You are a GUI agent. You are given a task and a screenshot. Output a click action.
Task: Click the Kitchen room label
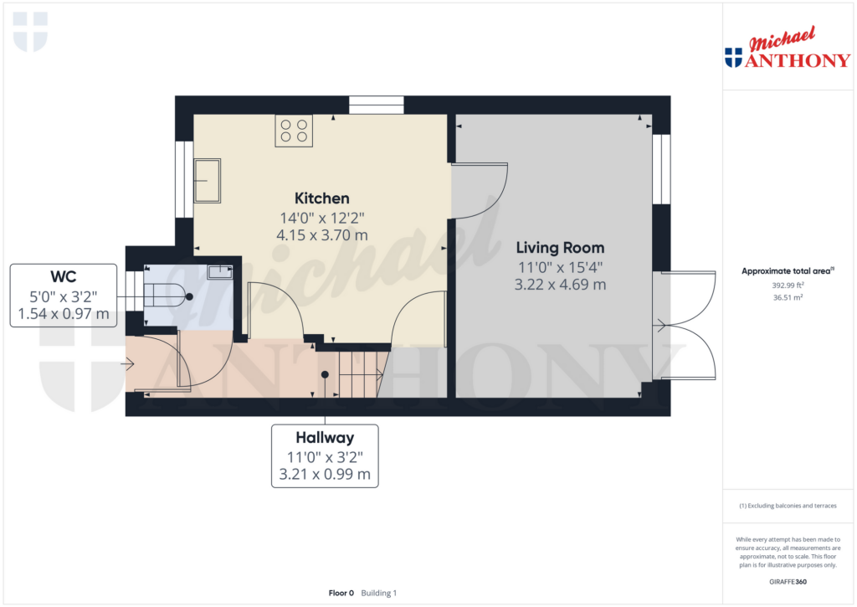coord(321,198)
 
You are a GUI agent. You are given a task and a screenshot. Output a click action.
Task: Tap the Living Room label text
coord(560,248)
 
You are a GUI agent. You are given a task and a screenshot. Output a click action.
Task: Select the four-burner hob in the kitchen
coord(294,131)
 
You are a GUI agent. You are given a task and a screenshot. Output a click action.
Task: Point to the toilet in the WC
coord(167,296)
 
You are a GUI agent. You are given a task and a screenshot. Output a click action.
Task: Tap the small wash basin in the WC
coord(219,271)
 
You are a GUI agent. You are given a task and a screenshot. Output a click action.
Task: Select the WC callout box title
coord(63,276)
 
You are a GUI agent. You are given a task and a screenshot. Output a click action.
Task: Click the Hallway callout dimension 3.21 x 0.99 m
coord(324,475)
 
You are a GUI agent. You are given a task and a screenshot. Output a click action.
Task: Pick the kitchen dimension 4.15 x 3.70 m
coord(321,235)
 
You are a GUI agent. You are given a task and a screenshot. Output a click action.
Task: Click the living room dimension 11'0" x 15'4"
coord(560,267)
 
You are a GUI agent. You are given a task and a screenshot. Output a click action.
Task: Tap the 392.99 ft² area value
coord(786,285)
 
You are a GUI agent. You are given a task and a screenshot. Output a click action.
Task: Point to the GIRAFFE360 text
coord(786,581)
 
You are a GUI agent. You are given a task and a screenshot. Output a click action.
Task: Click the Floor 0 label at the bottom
coord(341,593)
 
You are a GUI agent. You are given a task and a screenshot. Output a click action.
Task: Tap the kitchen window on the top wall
coord(376,105)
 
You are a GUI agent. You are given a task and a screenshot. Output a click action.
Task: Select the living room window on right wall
coord(661,169)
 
